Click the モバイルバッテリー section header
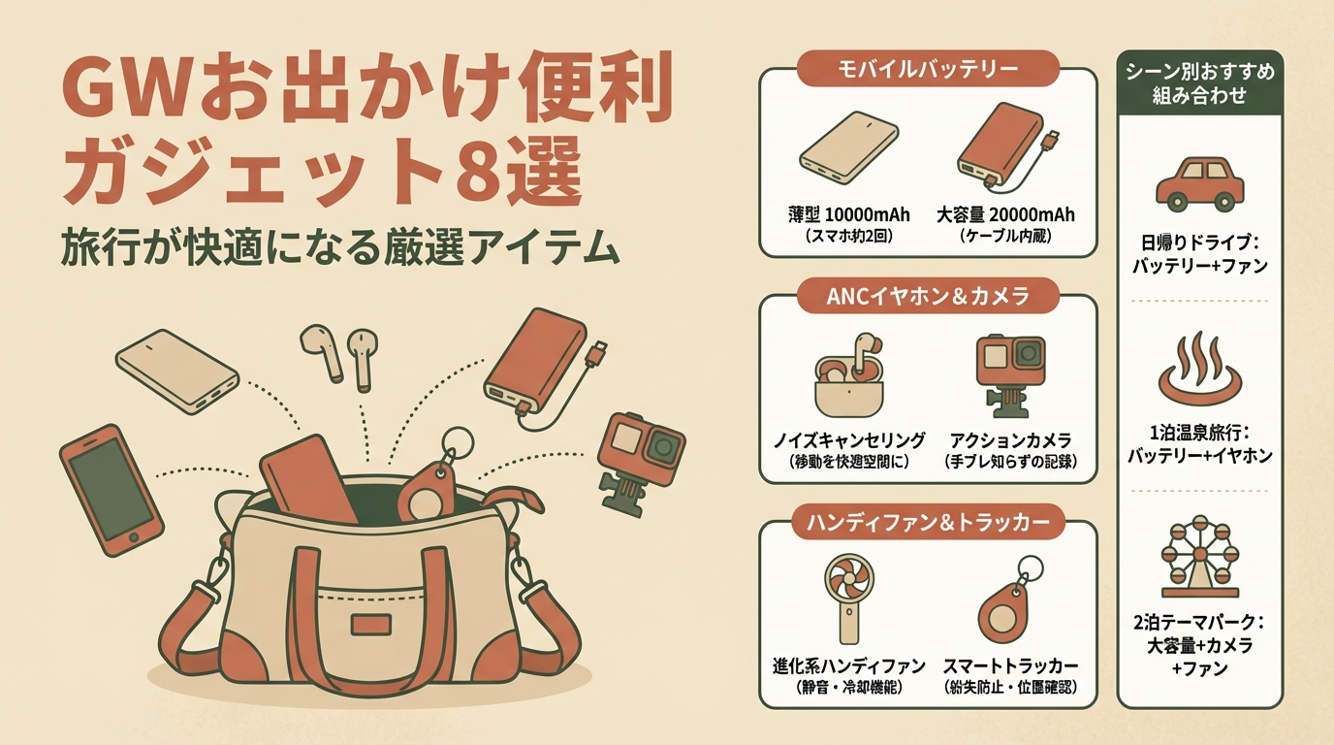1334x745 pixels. [x=927, y=69]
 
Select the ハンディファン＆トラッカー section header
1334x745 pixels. [x=927, y=523]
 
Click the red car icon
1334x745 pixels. [x=1199, y=182]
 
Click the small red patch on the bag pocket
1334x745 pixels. [x=371, y=624]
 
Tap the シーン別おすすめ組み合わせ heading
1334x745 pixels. [x=1199, y=84]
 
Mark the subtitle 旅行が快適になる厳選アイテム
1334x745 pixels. [x=339, y=248]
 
